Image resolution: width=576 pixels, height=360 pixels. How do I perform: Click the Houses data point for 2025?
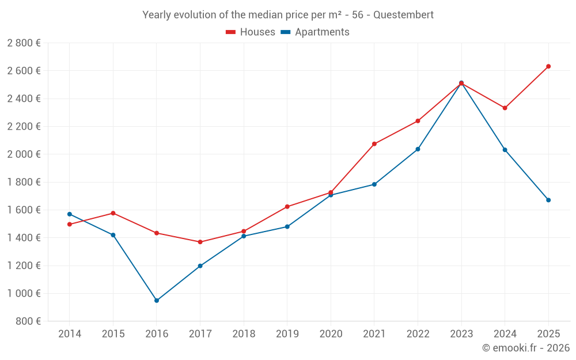tap(548, 66)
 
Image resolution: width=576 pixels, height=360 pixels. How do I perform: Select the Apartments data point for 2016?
tap(157, 301)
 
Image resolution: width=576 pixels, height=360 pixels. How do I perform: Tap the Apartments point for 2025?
tap(548, 200)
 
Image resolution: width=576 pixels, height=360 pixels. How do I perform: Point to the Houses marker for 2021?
tap(374, 144)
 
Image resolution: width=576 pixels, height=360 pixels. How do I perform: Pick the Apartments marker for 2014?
tap(70, 214)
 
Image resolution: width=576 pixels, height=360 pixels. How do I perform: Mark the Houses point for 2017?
tap(200, 242)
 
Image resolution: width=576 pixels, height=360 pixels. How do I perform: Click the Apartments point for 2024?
tap(505, 150)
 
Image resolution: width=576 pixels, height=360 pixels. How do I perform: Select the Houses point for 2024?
tap(505, 108)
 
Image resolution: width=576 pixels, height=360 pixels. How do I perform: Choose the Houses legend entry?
tap(251, 32)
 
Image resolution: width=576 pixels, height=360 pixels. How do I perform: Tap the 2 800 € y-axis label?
tap(24, 43)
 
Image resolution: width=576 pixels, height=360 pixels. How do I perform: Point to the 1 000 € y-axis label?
tap(24, 293)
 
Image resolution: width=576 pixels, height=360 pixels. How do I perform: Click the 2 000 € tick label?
tap(24, 154)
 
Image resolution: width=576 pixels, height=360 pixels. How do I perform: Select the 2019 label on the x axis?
tap(287, 334)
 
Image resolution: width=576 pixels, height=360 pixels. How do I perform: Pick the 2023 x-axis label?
tap(461, 334)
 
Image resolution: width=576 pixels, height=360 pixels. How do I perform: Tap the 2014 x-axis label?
tap(70, 334)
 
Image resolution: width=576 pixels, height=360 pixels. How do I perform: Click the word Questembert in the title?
tap(403, 15)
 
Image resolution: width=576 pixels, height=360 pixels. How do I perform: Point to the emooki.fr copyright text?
tap(526, 348)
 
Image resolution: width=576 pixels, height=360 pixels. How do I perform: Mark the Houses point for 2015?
tap(113, 213)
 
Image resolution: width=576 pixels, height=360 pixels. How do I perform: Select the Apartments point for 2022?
tap(418, 149)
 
